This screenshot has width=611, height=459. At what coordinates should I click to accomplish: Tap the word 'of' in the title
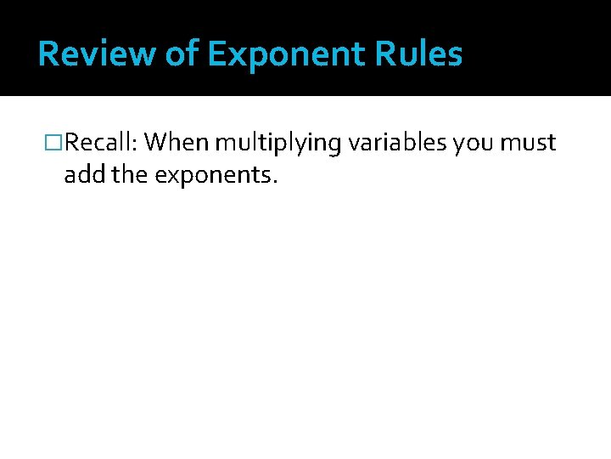[180, 54]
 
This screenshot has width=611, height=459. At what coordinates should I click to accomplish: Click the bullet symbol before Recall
[54, 143]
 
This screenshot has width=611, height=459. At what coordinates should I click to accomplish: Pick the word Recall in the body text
[96, 143]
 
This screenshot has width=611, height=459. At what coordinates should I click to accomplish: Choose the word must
[528, 143]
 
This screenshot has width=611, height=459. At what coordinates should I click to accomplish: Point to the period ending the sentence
[275, 183]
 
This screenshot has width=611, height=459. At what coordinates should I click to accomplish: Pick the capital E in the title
[217, 54]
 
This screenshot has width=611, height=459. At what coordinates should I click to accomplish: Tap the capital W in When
[154, 143]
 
